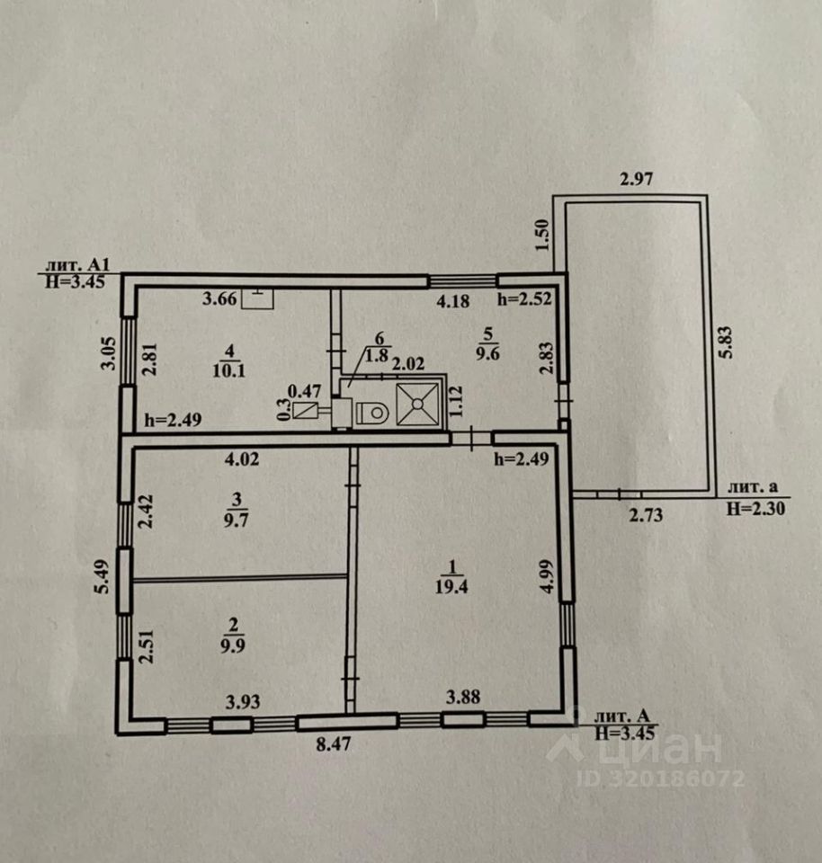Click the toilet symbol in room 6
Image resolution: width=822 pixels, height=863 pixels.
[371, 414]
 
